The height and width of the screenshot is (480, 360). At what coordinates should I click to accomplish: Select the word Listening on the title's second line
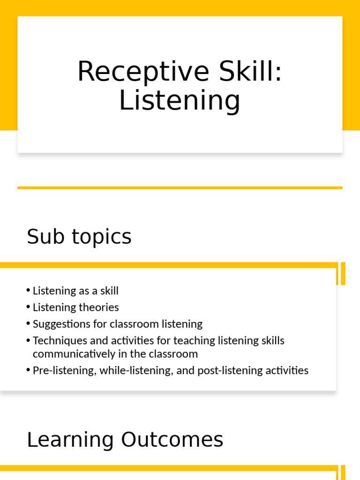click(180, 100)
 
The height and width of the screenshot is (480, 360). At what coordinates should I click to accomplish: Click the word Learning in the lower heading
click(70, 440)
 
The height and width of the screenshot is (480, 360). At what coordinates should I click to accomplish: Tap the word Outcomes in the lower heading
click(172, 440)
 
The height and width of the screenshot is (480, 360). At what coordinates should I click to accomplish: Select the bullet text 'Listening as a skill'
click(75, 291)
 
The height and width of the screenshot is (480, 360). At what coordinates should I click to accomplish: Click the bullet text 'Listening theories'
click(75, 307)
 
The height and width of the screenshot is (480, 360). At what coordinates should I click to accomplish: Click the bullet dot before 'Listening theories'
click(29, 307)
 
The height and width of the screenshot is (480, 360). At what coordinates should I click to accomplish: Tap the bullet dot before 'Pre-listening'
click(29, 370)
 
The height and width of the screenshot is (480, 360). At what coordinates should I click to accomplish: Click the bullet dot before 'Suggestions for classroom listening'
click(29, 324)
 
